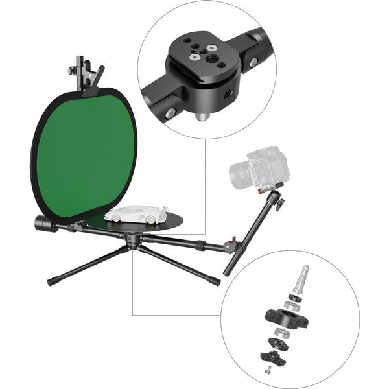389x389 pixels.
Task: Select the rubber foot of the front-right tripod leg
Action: coord(217,281)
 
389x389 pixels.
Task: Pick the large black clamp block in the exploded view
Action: coord(283,318)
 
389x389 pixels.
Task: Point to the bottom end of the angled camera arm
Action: coord(228,272)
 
